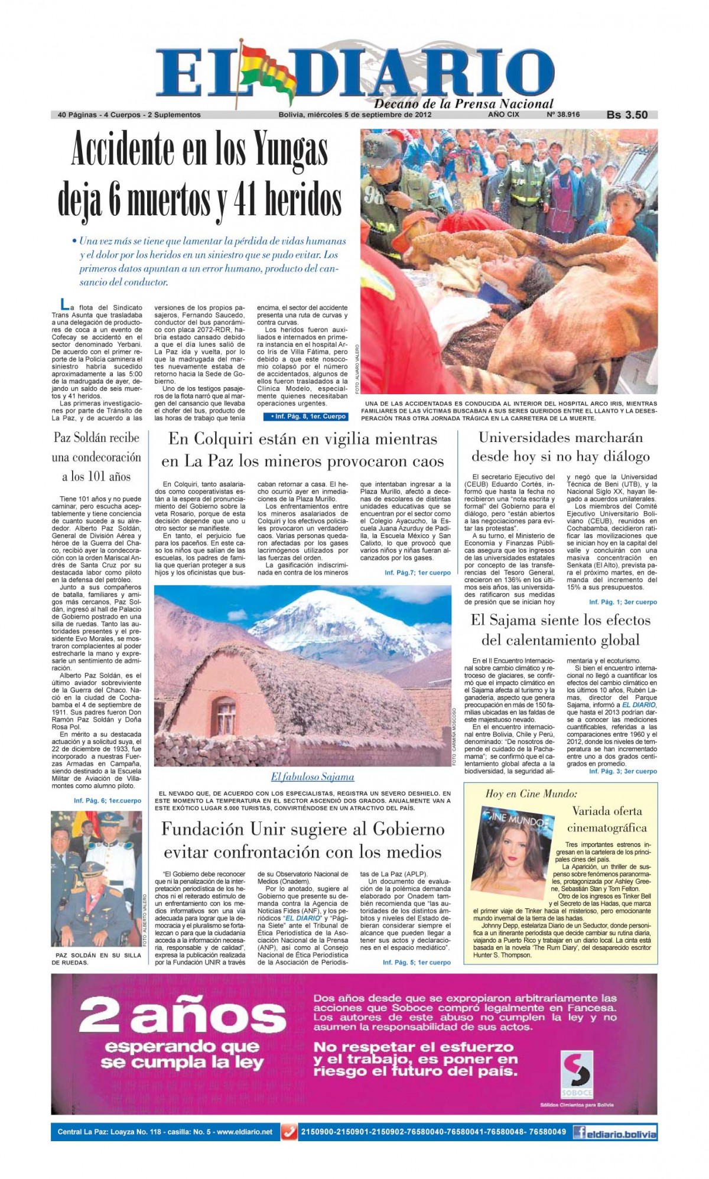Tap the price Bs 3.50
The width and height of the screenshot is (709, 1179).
point(627,115)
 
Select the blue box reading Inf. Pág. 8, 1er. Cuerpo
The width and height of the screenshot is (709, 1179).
point(305,417)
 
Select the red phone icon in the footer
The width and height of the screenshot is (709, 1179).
point(288,1132)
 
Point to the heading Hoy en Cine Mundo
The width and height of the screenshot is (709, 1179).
point(531,794)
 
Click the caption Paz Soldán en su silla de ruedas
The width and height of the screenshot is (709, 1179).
point(96,958)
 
